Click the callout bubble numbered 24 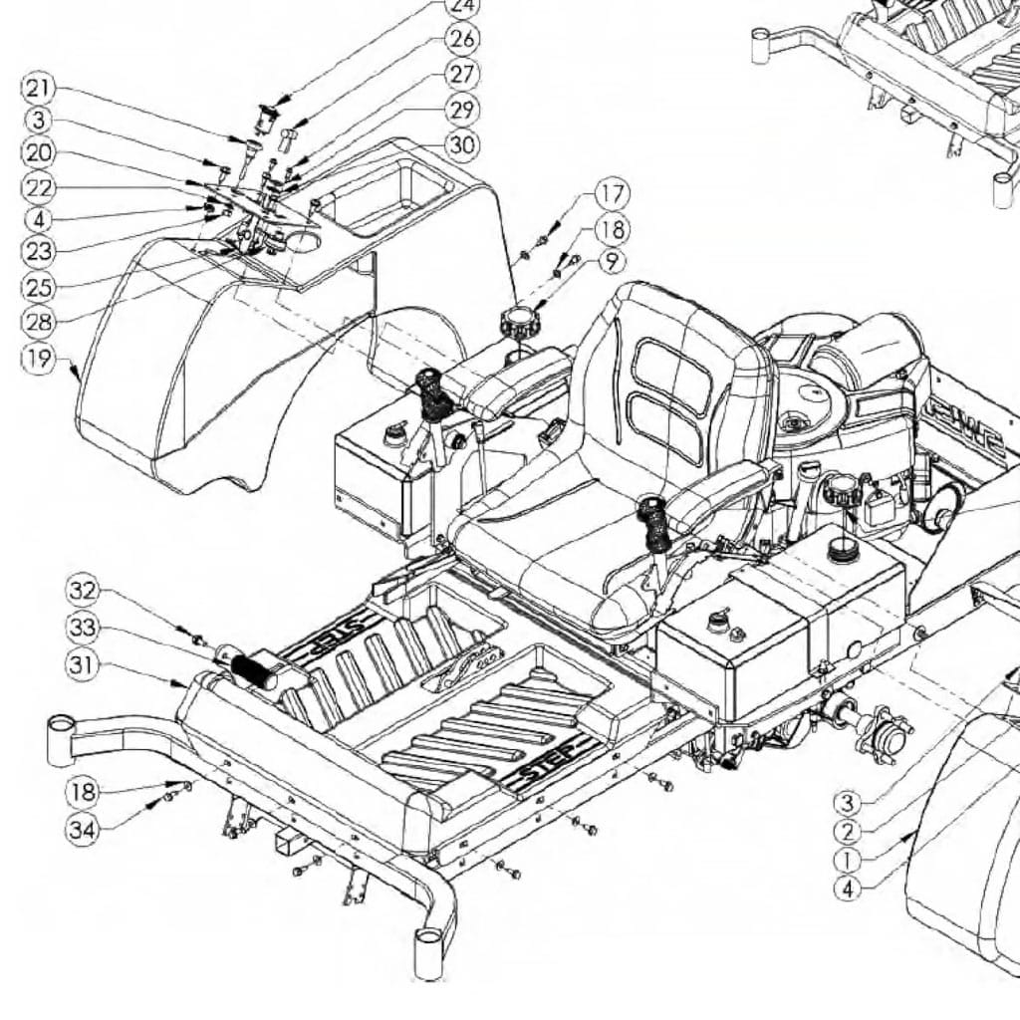pyautogui.click(x=461, y=6)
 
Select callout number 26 pyautogui.click(x=462, y=40)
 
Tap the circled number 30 pyautogui.click(x=461, y=145)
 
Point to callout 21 pyautogui.click(x=38, y=89)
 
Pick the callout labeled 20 pyautogui.click(x=38, y=153)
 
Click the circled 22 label pyautogui.click(x=38, y=187)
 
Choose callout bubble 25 pyautogui.click(x=38, y=286)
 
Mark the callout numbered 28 pyautogui.click(x=38, y=321)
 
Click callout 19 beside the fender pyautogui.click(x=38, y=358)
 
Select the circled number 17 pyautogui.click(x=613, y=192)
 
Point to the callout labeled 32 pyautogui.click(x=84, y=591)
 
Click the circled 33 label pyautogui.click(x=84, y=628)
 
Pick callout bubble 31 pyautogui.click(x=84, y=663)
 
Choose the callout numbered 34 pyautogui.click(x=84, y=828)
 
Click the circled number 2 pyautogui.click(x=848, y=832)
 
